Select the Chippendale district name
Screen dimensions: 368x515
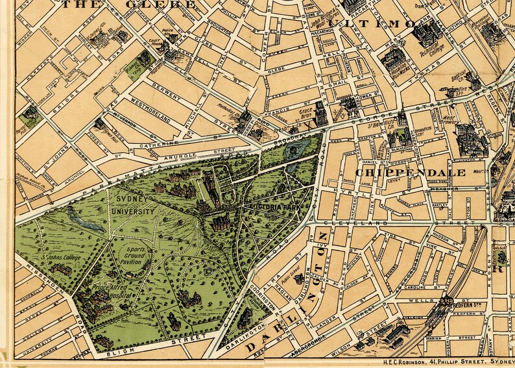(410, 173)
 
